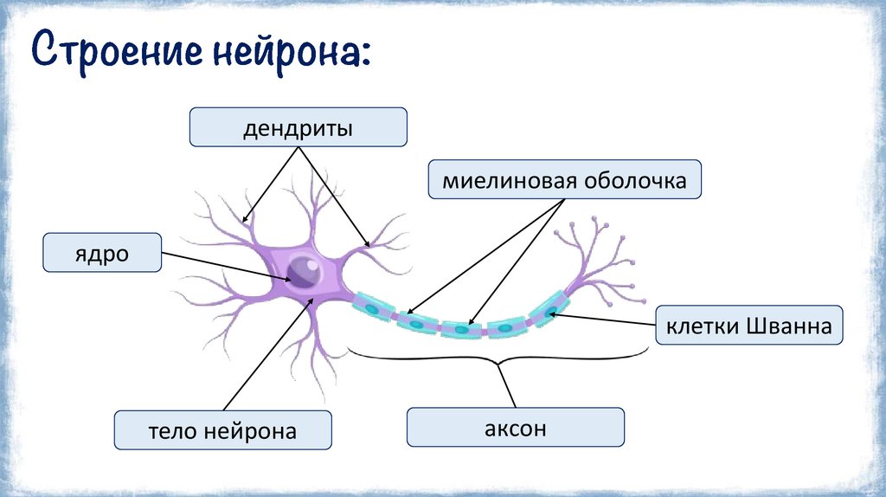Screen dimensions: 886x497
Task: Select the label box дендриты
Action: pos(298,126)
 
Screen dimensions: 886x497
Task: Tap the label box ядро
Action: pos(102,253)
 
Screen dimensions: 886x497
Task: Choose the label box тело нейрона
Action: pos(223,430)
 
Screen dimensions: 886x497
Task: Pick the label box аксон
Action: pos(516,428)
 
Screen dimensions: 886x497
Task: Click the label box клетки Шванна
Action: pos(748,326)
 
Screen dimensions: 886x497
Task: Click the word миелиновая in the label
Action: pos(496,182)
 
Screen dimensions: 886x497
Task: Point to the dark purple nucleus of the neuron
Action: pos(304,272)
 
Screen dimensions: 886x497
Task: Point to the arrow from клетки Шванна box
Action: pos(606,319)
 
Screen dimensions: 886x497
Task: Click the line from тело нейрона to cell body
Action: pos(268,355)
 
